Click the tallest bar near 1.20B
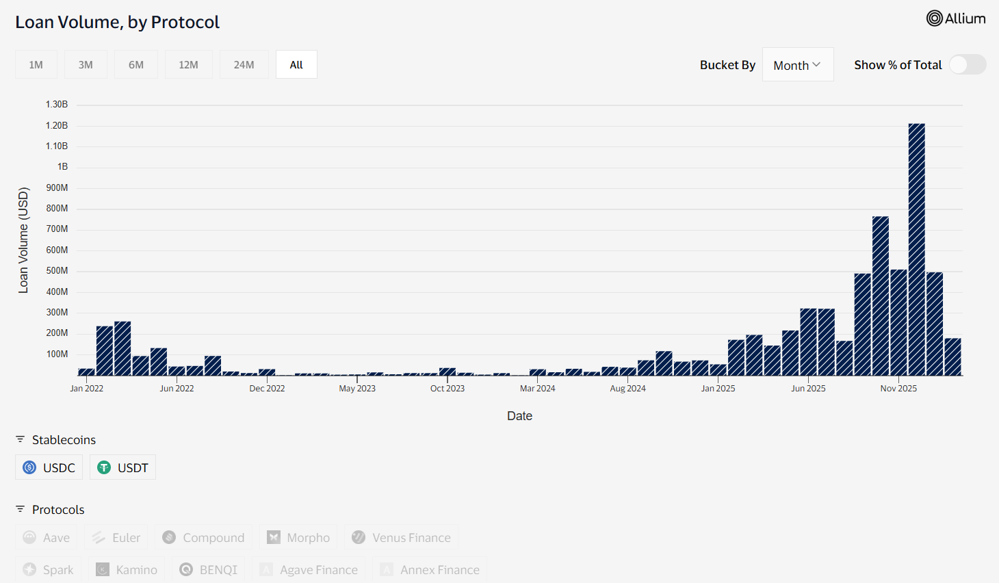916,250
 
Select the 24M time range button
244,65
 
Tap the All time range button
296,65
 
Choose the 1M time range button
36,65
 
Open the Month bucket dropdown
797,65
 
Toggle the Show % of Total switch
968,64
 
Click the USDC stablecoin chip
49,467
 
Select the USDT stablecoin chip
123,467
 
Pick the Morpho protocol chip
298,537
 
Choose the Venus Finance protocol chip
402,537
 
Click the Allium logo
956,18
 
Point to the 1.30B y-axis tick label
57,104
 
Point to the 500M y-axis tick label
57,270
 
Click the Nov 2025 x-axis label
898,388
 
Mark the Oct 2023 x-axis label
447,388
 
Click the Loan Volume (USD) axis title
23,240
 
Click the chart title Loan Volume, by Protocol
117,22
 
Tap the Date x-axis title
519,415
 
